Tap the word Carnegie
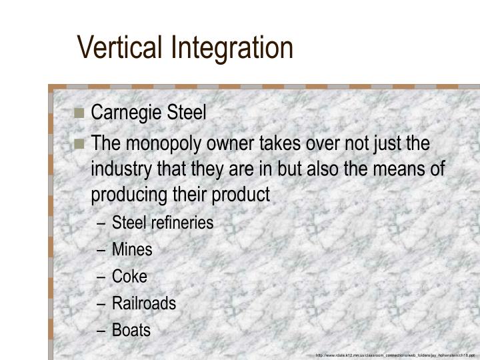125,112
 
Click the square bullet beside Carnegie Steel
80,113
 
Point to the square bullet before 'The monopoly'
80,144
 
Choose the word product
241,195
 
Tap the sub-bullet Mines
132,250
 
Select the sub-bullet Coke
129,277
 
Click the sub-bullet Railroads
144,303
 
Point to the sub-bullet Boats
131,330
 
